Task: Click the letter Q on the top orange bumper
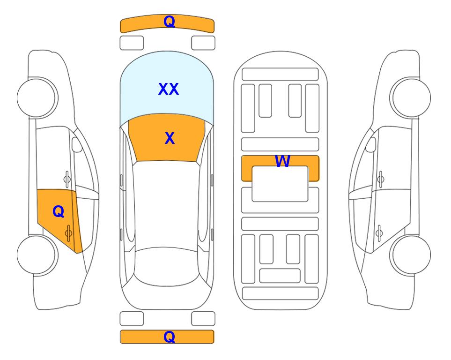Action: coord(169,22)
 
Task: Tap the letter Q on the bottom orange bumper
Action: coord(169,337)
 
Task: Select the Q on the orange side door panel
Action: coord(59,212)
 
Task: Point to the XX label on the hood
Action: coord(169,89)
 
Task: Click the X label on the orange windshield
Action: coord(170,138)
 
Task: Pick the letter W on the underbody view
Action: coord(282,161)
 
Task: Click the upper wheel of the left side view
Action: coord(37,97)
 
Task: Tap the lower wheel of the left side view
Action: coord(37,255)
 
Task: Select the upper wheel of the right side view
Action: coord(410,97)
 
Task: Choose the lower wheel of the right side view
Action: coord(410,255)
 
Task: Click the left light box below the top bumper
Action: coord(132,43)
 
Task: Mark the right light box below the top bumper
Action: coord(203,43)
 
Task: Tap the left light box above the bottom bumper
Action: coord(132,319)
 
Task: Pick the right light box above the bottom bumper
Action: coord(203,319)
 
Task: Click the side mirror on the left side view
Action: coord(77,145)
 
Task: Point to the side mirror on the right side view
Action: coord(371,145)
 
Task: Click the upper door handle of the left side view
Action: coord(67,179)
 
